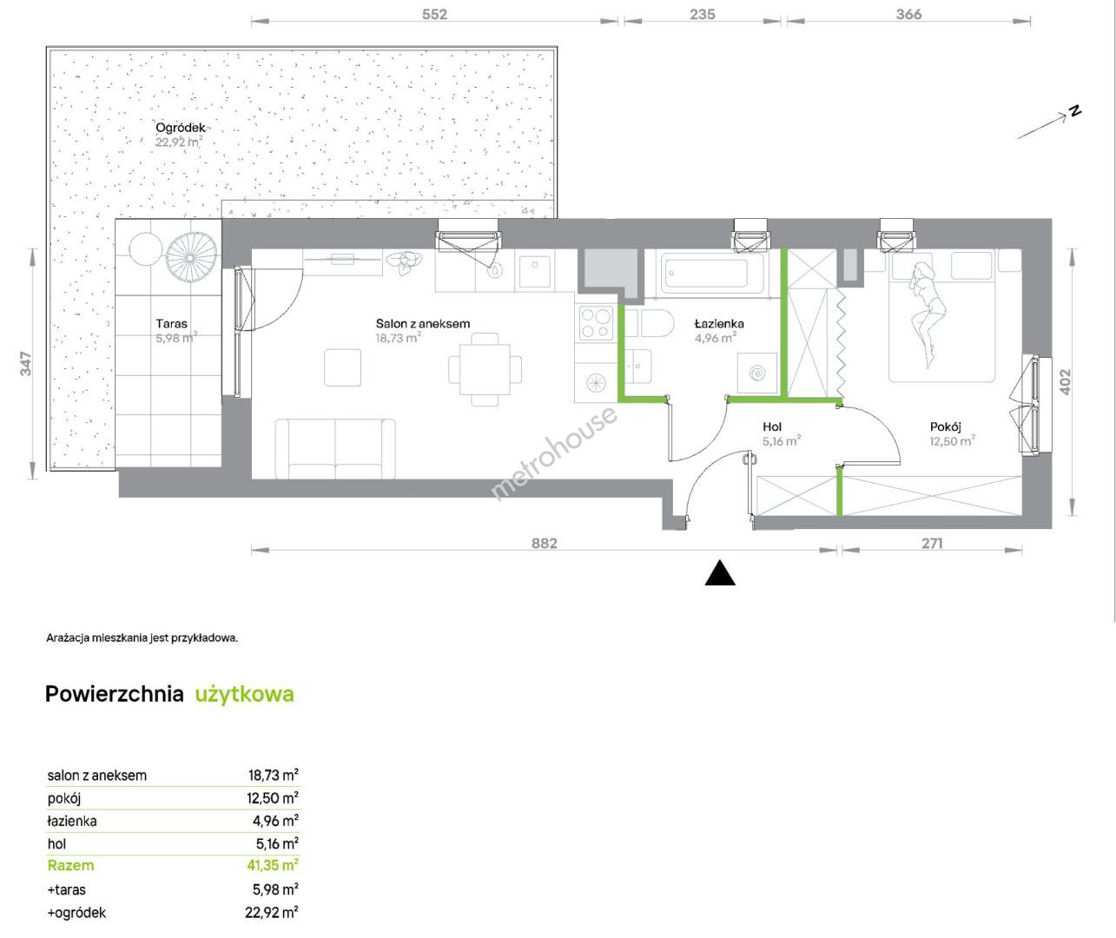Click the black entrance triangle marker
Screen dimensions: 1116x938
[x=720, y=573]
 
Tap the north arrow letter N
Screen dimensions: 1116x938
[x=1075, y=112]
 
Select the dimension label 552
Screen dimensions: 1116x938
[x=434, y=15]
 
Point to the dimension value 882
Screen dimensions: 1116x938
[x=544, y=544]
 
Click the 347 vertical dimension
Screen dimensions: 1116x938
[x=26, y=363]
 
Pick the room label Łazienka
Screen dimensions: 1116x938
[x=719, y=323]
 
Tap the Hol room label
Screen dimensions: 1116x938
[x=772, y=426]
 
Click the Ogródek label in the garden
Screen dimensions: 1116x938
[x=181, y=128]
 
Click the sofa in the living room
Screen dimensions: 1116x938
[x=335, y=449]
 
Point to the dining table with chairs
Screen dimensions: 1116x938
[x=485, y=369]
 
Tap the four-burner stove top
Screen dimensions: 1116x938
[x=596, y=323]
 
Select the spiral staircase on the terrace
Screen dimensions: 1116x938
[x=191, y=258]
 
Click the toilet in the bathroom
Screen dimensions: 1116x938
[x=650, y=323]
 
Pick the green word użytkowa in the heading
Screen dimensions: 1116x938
[x=244, y=694]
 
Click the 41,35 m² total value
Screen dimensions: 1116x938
[x=272, y=865]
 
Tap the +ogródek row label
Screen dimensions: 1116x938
[x=76, y=912]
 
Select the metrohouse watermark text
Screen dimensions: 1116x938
[x=554, y=452]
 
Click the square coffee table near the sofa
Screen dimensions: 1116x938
[x=342, y=367]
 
